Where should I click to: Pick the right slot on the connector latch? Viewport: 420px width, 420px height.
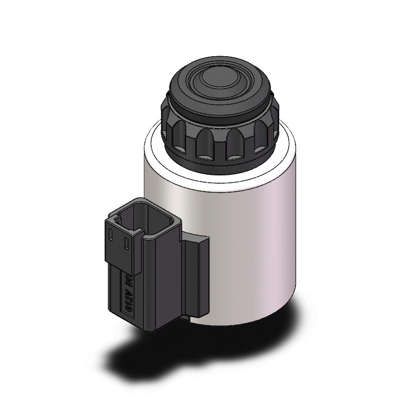pyautogui.click(x=127, y=244)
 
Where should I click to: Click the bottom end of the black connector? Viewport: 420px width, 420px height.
pyautogui.click(x=152, y=325)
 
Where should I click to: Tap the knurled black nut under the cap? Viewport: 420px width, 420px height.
pyautogui.click(x=220, y=139)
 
